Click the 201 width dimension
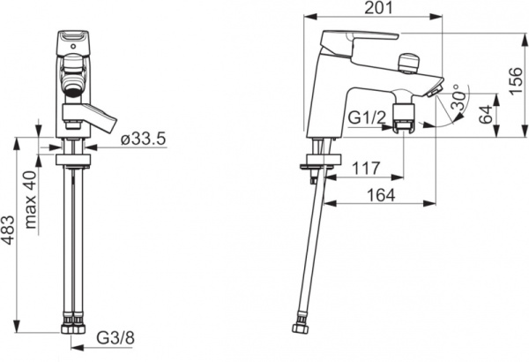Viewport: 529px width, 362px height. pyautogui.click(x=378, y=8)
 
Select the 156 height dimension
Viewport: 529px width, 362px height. pyautogui.click(x=516, y=81)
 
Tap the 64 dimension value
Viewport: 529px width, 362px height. pyautogui.click(x=486, y=114)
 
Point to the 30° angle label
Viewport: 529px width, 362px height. pyautogui.click(x=459, y=96)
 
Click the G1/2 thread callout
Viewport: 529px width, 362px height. pyautogui.click(x=367, y=118)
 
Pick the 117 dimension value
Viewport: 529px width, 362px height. pyautogui.click(x=366, y=168)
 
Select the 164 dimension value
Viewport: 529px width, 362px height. pyautogui.click(x=381, y=195)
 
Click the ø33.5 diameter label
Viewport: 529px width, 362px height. pyautogui.click(x=144, y=139)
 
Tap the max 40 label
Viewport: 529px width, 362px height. pyautogui.click(x=31, y=200)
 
